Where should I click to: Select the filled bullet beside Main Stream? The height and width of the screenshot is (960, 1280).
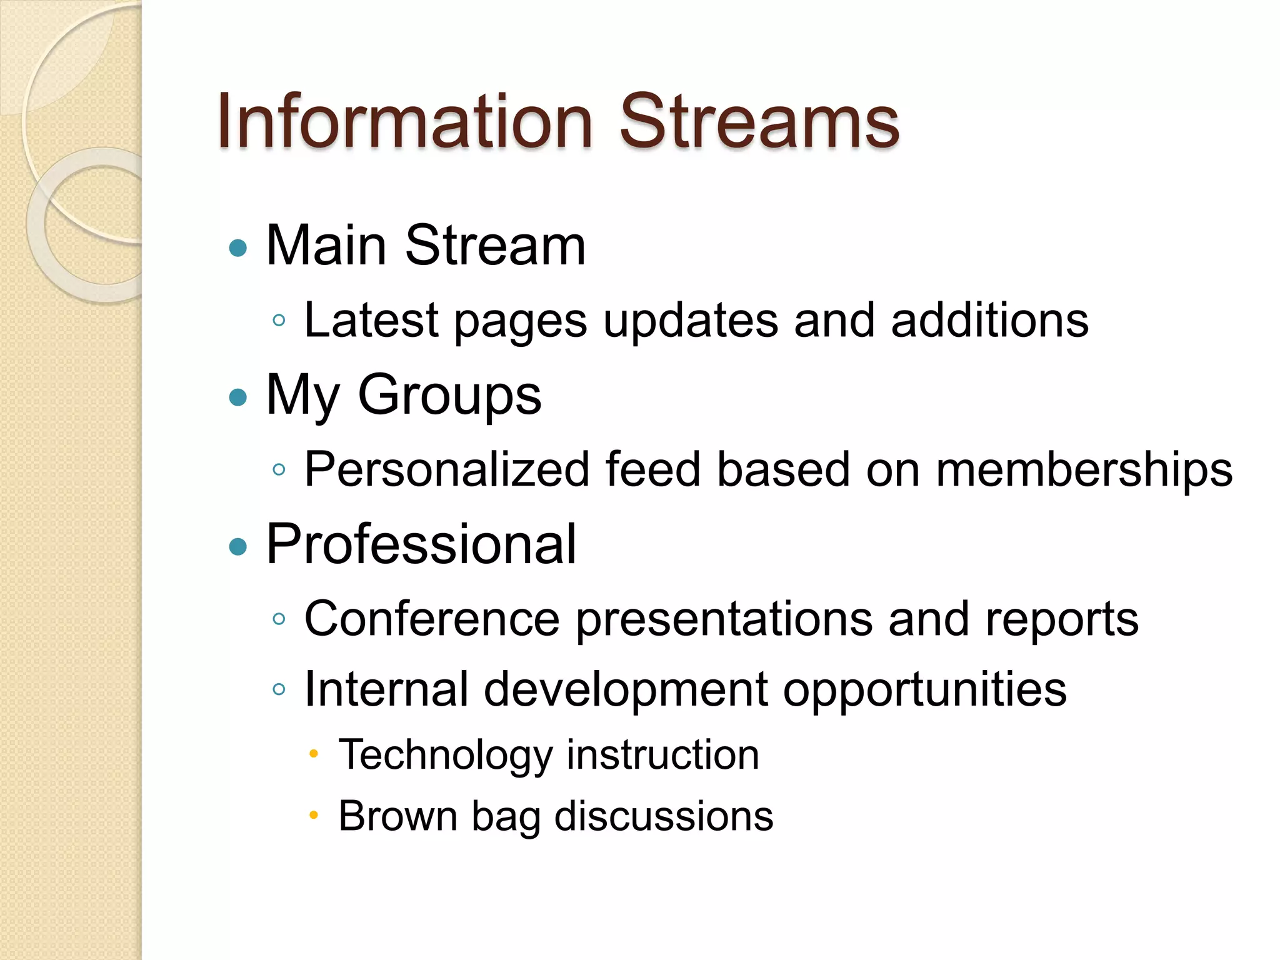pyautogui.click(x=238, y=248)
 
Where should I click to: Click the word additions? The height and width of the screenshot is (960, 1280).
pyautogui.click(x=989, y=320)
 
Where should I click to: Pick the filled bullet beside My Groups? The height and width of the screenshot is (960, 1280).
pyautogui.click(x=238, y=397)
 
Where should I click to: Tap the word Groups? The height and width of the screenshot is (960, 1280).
pyautogui.click(x=449, y=396)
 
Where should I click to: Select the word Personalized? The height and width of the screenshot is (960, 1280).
pyautogui.click(x=446, y=469)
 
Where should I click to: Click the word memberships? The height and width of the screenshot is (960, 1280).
pyautogui.click(x=1084, y=469)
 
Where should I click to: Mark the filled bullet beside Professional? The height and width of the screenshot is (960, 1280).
pyautogui.click(x=238, y=547)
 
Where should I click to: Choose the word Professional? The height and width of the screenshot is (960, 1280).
pyautogui.click(x=421, y=544)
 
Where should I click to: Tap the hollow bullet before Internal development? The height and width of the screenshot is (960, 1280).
pyautogui.click(x=279, y=689)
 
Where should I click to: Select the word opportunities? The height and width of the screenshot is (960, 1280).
pyautogui.click(x=924, y=690)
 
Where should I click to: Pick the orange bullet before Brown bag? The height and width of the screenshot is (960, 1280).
pyautogui.click(x=314, y=815)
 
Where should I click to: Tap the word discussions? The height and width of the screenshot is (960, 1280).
pyautogui.click(x=664, y=816)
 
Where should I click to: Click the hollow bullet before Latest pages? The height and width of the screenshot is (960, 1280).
pyautogui.click(x=279, y=321)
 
